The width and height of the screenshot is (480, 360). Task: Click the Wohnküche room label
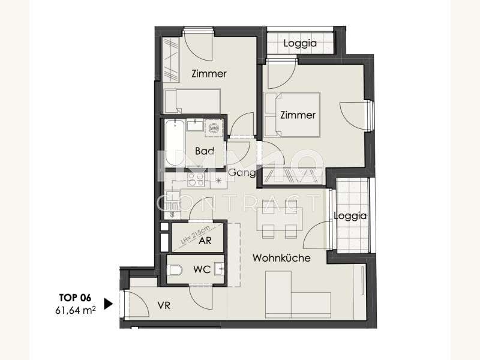coord(281,258)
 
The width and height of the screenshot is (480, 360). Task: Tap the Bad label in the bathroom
coord(205,151)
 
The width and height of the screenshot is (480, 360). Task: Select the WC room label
coord(202,269)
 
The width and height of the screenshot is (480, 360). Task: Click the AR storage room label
coord(205,241)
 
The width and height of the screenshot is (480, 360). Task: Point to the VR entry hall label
coord(164,305)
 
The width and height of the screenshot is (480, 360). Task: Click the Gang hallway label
coord(242,173)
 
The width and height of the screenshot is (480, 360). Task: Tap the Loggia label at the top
coord(300,43)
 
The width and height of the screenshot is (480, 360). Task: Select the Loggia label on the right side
coord(350,216)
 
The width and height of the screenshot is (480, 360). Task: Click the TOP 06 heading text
coord(75,298)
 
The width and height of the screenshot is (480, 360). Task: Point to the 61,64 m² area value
coord(76,310)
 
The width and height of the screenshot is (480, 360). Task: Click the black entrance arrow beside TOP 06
coord(109,304)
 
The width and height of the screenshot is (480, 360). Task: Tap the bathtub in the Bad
coord(175,143)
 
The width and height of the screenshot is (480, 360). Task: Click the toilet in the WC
coord(175,270)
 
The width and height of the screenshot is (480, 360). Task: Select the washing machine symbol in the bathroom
coord(214,128)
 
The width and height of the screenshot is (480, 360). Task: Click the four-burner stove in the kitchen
coord(196,179)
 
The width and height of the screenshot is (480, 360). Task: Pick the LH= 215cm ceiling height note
coord(196,235)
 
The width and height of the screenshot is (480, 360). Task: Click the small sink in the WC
coord(219,269)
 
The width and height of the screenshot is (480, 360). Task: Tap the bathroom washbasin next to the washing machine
coord(195,125)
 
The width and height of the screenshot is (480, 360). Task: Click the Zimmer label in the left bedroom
coord(209,73)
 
